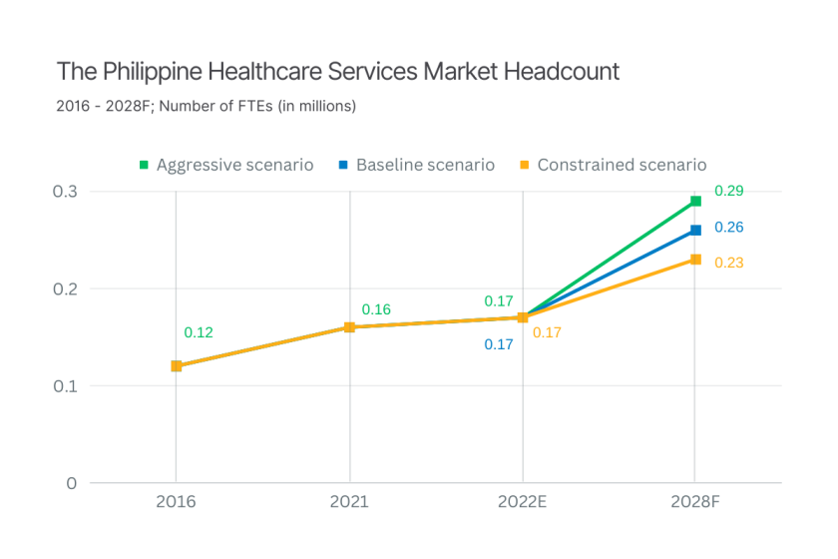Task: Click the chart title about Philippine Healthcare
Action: [338, 72]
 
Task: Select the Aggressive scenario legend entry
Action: [226, 165]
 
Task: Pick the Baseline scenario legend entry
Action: [416, 165]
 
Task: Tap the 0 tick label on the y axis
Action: [71, 483]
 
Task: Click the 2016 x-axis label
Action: [176, 502]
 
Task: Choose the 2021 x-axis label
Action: [350, 502]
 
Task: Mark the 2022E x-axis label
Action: [522, 502]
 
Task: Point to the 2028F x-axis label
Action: [695, 502]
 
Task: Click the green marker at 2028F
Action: [696, 202]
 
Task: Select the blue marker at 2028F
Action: [696, 231]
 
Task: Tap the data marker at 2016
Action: [177, 366]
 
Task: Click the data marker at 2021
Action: [350, 327]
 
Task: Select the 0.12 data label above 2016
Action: [199, 332]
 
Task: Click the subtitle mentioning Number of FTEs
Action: [207, 105]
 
